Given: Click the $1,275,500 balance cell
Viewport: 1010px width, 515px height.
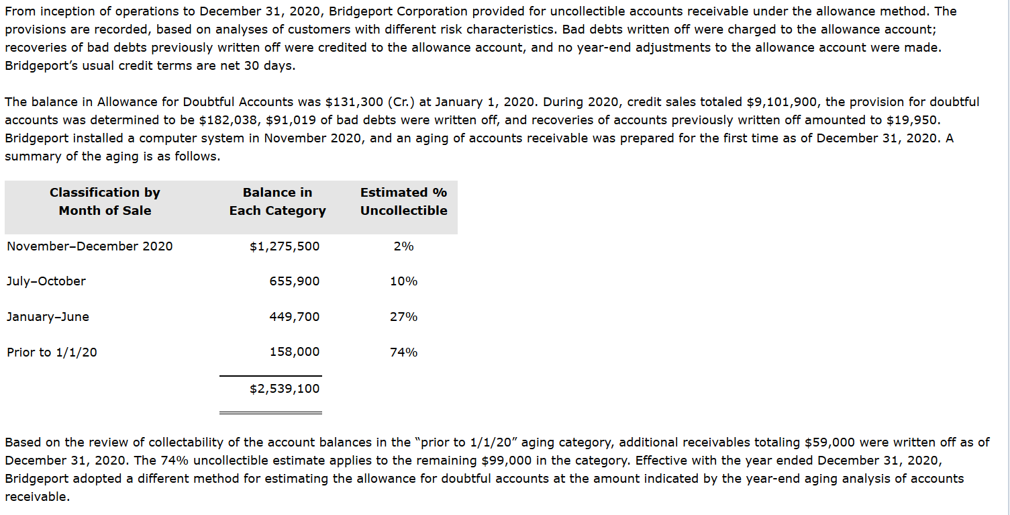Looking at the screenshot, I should (x=285, y=246).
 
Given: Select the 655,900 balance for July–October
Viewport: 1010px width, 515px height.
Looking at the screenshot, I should (x=294, y=281).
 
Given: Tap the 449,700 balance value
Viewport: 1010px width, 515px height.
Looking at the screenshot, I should (x=294, y=317).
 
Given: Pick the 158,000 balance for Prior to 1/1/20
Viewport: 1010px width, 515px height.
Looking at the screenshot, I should (x=294, y=352).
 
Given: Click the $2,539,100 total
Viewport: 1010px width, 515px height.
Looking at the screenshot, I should (x=285, y=389).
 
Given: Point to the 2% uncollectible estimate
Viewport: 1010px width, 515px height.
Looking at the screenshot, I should (x=403, y=246).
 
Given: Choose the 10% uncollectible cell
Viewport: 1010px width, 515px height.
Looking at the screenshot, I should (x=403, y=281).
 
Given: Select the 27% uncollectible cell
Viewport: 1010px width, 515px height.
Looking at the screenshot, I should (x=403, y=317).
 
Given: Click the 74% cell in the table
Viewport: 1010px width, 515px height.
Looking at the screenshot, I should (x=403, y=352).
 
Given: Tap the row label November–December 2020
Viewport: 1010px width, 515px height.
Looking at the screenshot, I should (x=89, y=246).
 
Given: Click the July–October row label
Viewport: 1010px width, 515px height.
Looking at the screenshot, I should (x=46, y=281).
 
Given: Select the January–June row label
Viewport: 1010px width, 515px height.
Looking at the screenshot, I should (x=48, y=317).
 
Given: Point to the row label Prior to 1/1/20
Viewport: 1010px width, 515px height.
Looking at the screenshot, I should (x=52, y=352).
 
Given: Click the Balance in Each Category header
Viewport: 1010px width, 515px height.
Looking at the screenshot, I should (x=277, y=201).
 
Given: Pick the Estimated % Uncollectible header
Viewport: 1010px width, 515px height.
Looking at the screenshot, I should (x=403, y=201).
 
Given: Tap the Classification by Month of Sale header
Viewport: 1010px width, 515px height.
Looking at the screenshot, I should (x=105, y=201).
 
